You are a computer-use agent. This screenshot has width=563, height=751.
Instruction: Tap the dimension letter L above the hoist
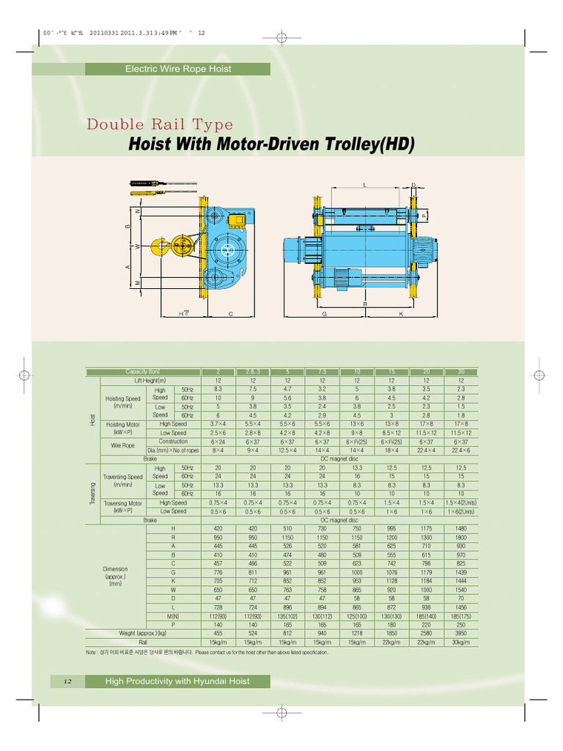364,184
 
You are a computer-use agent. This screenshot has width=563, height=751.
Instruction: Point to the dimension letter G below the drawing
323,314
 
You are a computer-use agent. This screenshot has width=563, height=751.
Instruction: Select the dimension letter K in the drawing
401,314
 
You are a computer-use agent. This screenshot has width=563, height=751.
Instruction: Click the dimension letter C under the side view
230,314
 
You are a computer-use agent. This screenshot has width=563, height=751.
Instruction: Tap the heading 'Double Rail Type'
160,124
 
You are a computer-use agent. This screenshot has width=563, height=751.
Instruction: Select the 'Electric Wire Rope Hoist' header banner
178,69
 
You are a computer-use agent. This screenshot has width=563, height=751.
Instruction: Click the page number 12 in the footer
67,681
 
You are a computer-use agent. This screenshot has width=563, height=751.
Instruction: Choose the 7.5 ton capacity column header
322,372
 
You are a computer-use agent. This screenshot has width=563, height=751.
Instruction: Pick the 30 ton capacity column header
461,372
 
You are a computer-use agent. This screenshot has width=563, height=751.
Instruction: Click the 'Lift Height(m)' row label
150,381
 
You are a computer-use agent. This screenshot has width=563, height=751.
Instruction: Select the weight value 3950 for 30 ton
461,633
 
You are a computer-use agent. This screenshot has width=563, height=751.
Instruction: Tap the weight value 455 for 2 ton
218,633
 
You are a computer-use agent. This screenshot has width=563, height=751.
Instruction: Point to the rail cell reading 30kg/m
461,642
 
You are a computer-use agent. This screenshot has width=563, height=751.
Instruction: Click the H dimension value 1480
461,528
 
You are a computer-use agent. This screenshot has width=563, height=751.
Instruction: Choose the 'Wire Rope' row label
122,446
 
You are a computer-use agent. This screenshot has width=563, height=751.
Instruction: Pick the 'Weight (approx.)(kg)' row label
143,633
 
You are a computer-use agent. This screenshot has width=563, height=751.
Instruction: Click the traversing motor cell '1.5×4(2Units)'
461,502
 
